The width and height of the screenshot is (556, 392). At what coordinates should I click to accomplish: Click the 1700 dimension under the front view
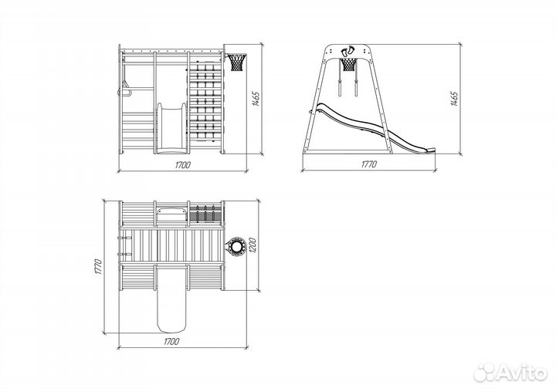click(x=182, y=165)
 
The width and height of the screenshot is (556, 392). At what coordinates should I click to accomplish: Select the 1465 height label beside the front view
click(x=256, y=99)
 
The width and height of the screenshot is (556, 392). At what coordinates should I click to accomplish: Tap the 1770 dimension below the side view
click(x=369, y=164)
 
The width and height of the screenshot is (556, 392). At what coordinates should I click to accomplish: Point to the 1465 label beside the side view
click(x=454, y=99)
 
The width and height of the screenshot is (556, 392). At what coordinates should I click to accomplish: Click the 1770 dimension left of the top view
click(x=99, y=267)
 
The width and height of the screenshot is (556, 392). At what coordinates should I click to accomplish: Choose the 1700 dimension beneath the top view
click(x=171, y=342)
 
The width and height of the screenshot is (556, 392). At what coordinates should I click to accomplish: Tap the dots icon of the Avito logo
click(x=485, y=372)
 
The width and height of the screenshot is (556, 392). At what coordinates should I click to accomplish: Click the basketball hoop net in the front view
click(x=237, y=63)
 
